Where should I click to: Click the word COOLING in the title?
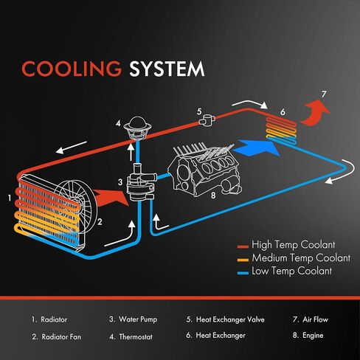72,68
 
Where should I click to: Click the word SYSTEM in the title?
167,69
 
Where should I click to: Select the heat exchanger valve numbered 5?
207,120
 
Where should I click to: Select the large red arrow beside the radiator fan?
110,198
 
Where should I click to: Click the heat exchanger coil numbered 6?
282,130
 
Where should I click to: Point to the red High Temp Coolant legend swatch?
243,246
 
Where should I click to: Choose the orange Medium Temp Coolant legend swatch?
243,260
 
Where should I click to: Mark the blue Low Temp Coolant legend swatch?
243,273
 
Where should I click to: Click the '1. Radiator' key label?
49,319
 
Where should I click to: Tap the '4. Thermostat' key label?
131,336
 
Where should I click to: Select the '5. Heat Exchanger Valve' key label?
226,319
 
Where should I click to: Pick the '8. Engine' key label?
308,336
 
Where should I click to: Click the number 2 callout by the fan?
100,222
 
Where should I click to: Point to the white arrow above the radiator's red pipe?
72,148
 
